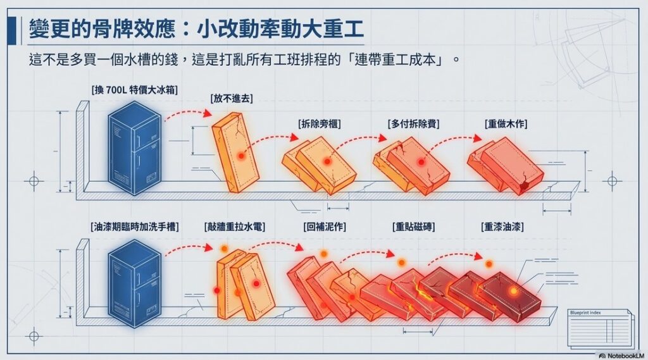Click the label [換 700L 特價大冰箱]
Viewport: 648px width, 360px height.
point(134,90)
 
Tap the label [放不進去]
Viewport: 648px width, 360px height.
point(231,99)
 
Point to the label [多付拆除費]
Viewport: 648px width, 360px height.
point(414,123)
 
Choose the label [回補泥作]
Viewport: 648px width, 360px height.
point(325,226)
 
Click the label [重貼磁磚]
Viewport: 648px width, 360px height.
point(413,226)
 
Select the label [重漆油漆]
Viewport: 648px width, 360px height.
point(502,226)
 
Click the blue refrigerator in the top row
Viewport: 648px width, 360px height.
point(134,147)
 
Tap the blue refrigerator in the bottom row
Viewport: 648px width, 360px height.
point(134,283)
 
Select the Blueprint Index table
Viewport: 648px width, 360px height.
point(599,328)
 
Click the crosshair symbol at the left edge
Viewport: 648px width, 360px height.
point(33,182)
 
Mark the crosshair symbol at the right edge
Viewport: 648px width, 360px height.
point(611,182)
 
